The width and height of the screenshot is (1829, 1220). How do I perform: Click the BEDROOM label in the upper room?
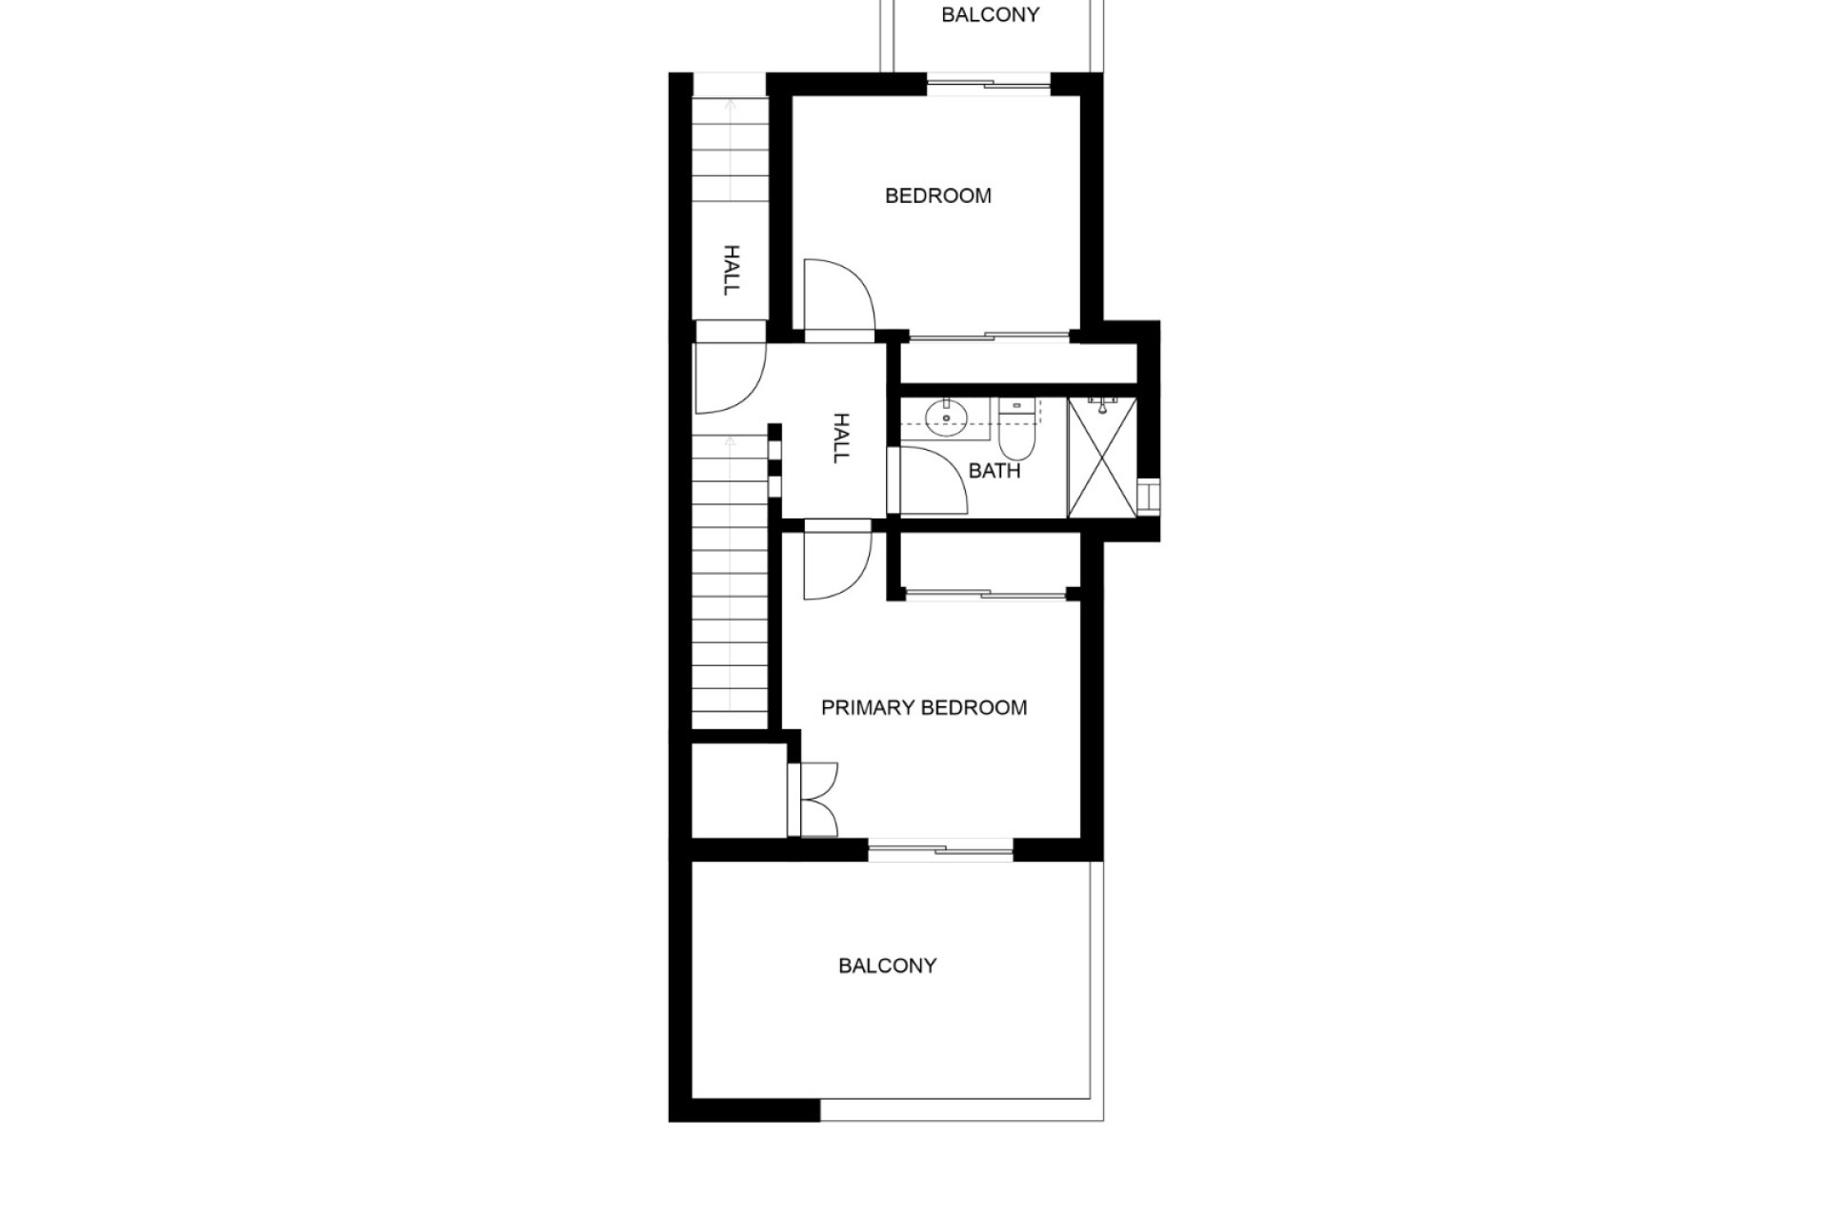pos(937,195)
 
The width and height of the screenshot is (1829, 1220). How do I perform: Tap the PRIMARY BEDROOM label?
pos(924,707)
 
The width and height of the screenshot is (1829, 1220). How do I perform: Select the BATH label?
pos(995,471)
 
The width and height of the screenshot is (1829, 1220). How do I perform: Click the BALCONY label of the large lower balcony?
pos(887,966)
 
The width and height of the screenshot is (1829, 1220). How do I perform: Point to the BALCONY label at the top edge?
pos(990,14)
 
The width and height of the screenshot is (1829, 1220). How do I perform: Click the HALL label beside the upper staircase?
pos(732,270)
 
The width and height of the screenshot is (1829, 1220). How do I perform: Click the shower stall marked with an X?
pos(1102,458)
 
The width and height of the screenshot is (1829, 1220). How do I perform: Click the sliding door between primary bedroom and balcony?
pos(940,849)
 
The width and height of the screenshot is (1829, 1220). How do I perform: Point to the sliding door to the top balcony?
pos(989,84)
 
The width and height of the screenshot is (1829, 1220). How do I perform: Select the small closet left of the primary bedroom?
pos(738,790)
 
